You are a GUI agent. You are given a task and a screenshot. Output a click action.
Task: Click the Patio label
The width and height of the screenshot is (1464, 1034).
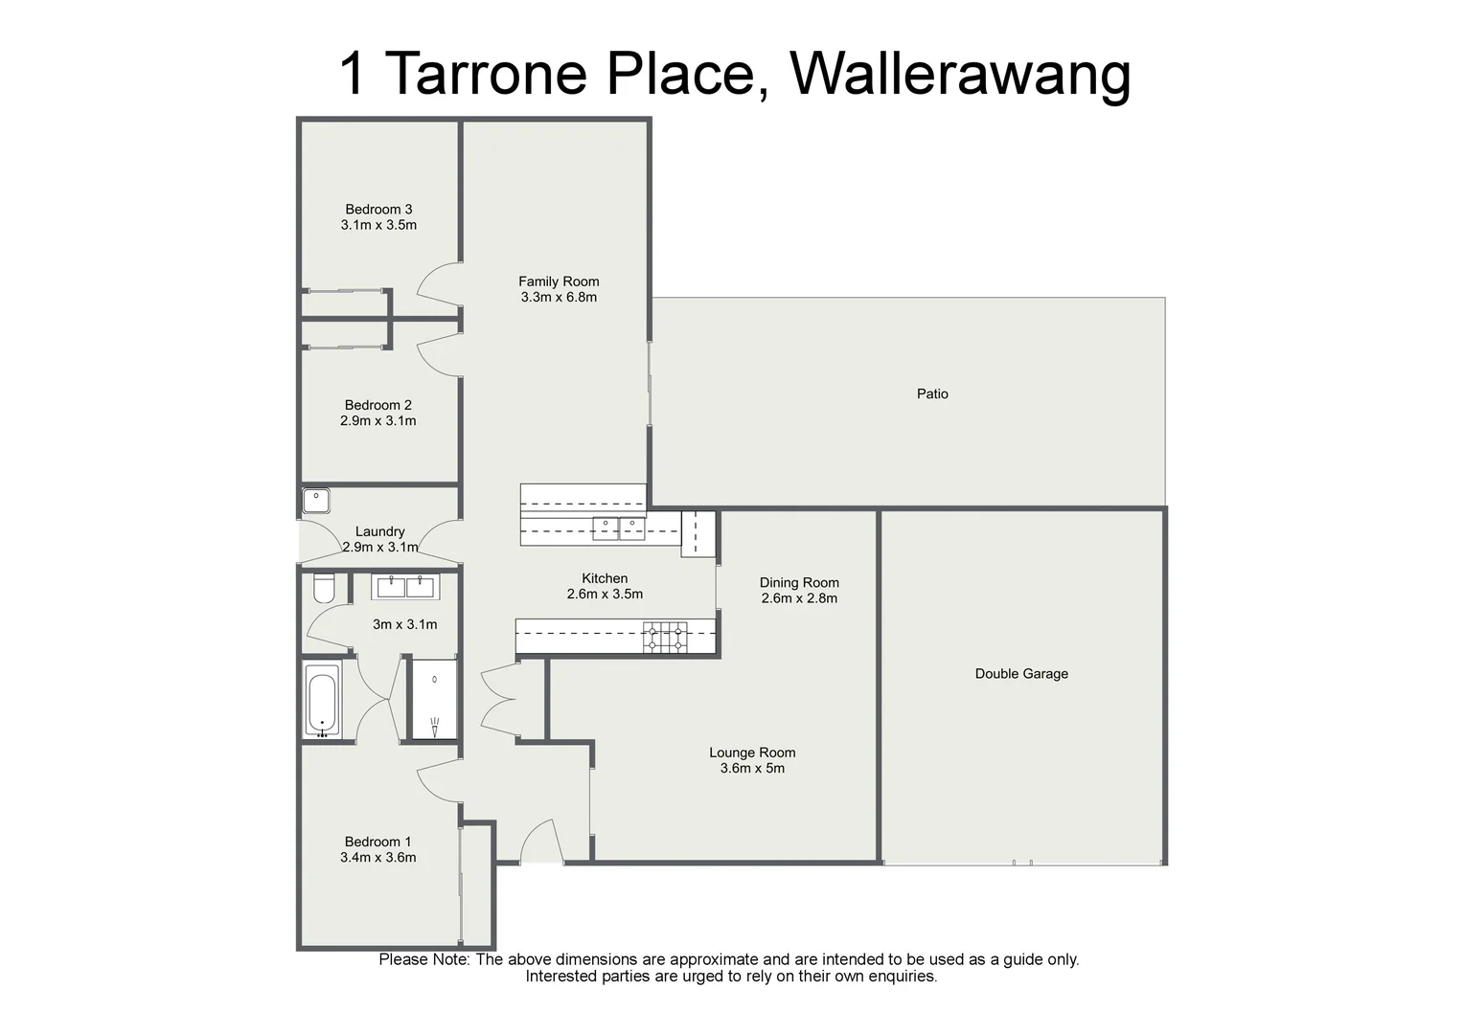click(931, 393)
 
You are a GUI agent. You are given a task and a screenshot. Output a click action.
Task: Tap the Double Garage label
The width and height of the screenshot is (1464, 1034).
click(1020, 673)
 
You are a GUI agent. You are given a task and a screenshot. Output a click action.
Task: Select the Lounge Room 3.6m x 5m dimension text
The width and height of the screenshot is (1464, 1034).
click(752, 768)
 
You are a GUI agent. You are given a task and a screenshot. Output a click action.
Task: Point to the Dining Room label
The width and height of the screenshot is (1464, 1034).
click(799, 582)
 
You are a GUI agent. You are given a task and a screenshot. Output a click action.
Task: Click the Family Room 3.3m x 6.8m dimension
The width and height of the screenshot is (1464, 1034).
click(559, 297)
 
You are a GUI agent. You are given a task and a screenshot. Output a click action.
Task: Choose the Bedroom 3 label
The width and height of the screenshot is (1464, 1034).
click(378, 210)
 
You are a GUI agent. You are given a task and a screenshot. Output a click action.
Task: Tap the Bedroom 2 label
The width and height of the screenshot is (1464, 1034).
click(377, 405)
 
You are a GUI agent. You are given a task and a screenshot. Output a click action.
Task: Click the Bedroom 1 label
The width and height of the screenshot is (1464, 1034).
click(377, 842)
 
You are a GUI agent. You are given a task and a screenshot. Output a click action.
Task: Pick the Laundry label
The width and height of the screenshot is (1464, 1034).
click(379, 531)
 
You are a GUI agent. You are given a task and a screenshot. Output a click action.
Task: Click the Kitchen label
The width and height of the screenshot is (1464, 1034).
click(605, 578)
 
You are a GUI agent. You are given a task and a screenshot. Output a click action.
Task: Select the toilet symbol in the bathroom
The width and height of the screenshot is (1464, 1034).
click(324, 588)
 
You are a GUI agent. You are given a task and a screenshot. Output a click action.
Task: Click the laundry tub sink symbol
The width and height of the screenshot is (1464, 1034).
click(316, 501)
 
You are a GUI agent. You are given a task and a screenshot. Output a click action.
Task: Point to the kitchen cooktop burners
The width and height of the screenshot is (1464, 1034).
click(665, 638)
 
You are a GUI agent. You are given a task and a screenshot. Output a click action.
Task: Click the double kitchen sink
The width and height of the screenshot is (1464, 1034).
click(618, 528)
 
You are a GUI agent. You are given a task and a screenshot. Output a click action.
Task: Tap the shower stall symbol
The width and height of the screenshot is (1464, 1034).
click(434, 699)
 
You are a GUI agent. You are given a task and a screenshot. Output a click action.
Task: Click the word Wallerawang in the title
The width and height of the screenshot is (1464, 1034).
click(960, 74)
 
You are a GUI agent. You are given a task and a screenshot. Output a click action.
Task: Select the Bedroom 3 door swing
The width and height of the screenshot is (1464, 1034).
click(439, 281)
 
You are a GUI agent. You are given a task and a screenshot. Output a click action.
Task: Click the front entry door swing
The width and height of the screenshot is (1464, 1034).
click(539, 843)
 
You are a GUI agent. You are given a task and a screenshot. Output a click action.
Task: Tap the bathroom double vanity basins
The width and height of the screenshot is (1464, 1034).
click(406, 586)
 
